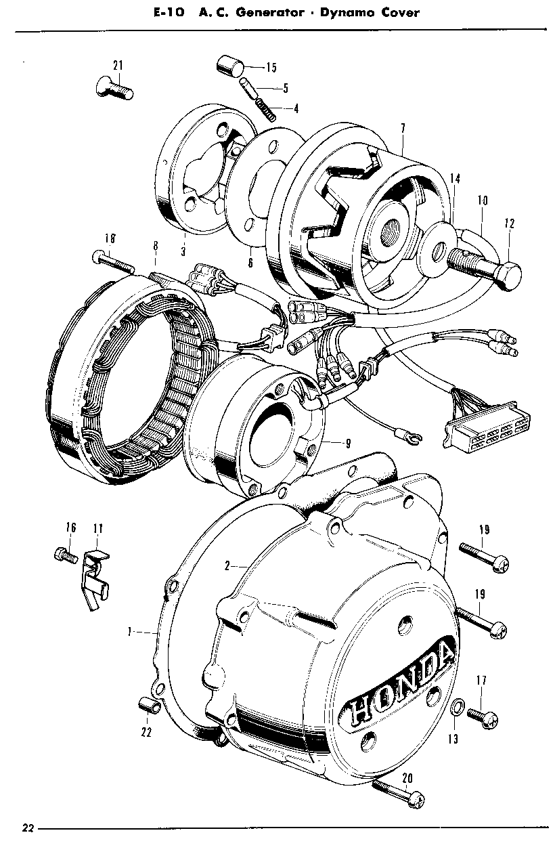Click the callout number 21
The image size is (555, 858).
coord(118,66)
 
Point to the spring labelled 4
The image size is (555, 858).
coord(266,107)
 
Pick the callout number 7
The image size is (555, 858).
coord(403,128)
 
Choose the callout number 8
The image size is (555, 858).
coord(155,244)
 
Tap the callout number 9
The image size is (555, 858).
coord(347,444)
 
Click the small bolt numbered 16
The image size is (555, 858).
coord(62,554)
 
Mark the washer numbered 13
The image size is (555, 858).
coord(457,708)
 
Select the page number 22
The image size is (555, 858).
coord(28,828)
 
